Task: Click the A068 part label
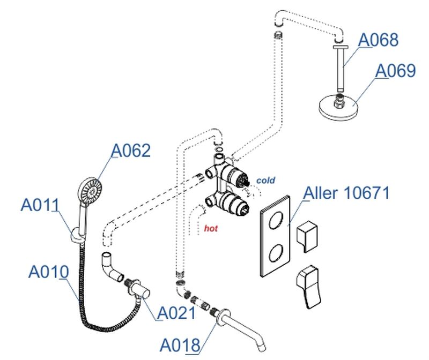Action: (378, 40)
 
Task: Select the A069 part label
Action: (395, 71)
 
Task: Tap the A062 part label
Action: (131, 151)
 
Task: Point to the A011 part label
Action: (40, 204)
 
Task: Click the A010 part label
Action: (48, 272)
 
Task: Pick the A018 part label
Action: (180, 344)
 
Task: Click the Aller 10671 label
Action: (346, 193)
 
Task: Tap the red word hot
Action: (211, 228)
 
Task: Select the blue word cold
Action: (265, 181)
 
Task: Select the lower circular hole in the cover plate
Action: (277, 252)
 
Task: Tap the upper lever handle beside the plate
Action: (310, 235)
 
